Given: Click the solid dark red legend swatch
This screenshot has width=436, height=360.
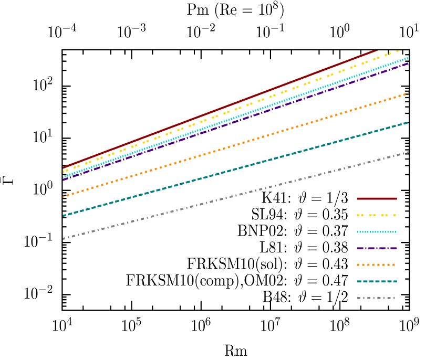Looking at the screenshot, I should click(377, 198).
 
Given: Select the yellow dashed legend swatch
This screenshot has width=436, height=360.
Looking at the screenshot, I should click(377, 215).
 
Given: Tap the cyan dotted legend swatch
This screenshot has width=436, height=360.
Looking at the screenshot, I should click(377, 231).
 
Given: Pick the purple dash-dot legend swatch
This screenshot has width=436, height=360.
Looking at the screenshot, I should click(377, 248).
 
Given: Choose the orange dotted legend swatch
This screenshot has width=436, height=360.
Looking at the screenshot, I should click(377, 264).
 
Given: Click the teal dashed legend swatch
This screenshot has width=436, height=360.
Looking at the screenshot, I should click(377, 281).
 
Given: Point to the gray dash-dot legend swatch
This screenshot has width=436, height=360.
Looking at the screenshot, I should click(377, 298).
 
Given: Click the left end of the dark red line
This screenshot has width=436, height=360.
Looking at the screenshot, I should click(63, 168).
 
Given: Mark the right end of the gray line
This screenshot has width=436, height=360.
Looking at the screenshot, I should click(408, 152).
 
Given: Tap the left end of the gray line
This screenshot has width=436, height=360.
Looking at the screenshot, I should click(64, 239).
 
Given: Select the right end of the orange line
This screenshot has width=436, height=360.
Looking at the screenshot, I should click(408, 93).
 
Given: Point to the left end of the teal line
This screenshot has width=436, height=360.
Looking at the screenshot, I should click(64, 216).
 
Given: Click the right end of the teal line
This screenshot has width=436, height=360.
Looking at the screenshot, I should click(408, 122).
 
